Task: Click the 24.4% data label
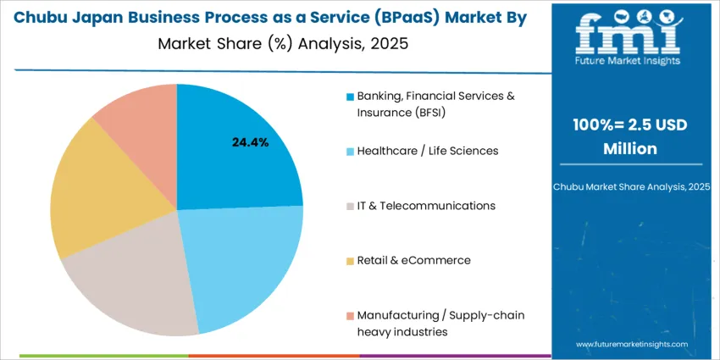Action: pos(250,142)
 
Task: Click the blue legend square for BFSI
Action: pos(350,97)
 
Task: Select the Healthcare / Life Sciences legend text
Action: pos(428,151)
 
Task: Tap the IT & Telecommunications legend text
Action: pos(426,206)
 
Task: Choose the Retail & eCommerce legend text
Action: pos(413,260)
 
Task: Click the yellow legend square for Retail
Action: pos(350,261)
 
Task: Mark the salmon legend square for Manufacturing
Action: pos(350,316)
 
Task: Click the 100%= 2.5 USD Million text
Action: pos(629,136)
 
